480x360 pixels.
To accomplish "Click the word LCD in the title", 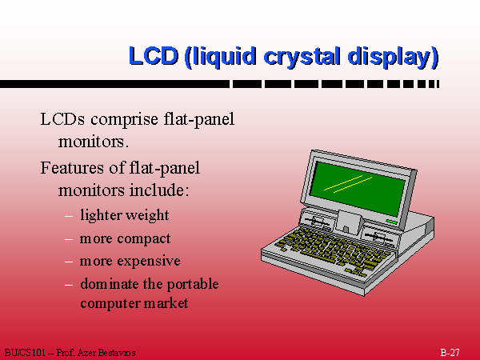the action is pyautogui.click(x=154, y=56).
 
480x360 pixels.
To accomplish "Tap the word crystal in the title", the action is pyautogui.click(x=302, y=58).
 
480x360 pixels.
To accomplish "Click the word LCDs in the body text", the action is pyautogui.click(x=62, y=119).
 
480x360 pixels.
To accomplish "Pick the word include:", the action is pyautogui.click(x=159, y=190).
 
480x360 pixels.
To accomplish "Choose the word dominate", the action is pyautogui.click(x=110, y=284).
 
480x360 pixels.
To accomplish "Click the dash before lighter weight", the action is pyautogui.click(x=69, y=216).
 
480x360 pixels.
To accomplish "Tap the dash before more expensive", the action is pyautogui.click(x=69, y=262).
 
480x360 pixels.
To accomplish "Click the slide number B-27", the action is pyautogui.click(x=450, y=352).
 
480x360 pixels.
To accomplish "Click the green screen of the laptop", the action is pyautogui.click(x=357, y=188).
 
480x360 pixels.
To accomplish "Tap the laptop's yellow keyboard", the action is pyautogui.click(x=334, y=250).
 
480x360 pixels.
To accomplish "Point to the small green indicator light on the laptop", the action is pyautogui.click(x=391, y=222).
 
